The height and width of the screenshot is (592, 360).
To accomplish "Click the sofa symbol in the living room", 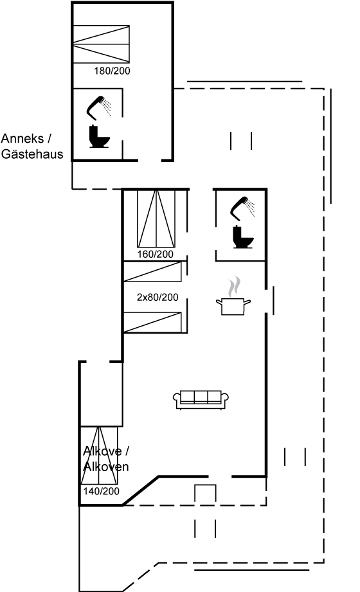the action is point(201,399).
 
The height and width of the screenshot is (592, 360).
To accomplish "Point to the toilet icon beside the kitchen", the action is point(243,237).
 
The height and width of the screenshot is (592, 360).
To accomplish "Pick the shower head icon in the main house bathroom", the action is point(242,208).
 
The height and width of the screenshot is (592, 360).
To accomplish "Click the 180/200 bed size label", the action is point(112,71).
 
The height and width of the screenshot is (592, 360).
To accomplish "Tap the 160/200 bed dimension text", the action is point(156,254).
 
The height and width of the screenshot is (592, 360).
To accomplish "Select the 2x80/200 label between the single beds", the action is point(157,298).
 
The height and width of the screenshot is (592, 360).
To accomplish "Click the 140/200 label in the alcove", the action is point(101,491).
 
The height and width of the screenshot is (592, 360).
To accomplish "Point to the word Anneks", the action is point(22,139).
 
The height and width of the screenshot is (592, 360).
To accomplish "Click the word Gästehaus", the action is point(32,154).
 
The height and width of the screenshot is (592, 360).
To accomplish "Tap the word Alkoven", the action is point(106,467).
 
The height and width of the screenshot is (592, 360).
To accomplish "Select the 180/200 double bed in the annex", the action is point(101,44).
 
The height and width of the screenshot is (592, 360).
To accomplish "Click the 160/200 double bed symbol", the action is point(156,219).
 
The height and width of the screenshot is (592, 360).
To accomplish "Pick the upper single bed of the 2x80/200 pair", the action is point(152,271).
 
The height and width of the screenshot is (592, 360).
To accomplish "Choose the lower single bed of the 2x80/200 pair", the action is point(152,323).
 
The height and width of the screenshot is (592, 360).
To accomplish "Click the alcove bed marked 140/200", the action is point(100,455).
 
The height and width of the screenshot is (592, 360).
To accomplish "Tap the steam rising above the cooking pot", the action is point(234,287).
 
